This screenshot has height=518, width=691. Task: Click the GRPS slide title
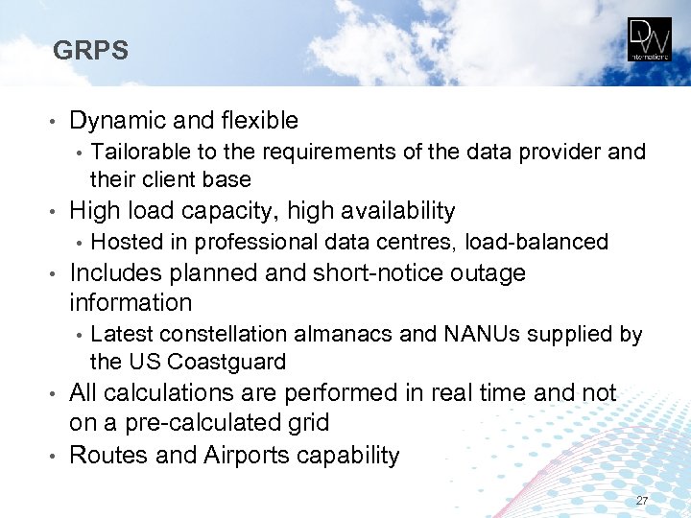90,50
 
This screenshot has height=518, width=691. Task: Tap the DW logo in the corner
650,39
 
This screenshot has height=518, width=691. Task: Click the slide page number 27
642,502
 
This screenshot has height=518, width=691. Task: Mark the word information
131,303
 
